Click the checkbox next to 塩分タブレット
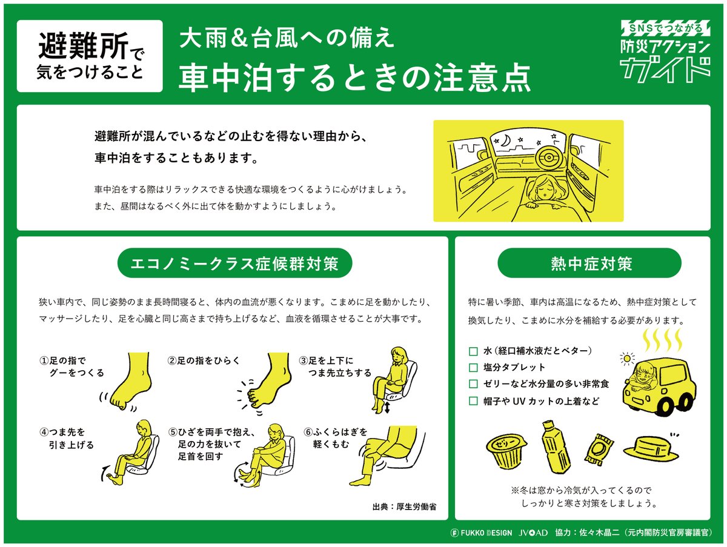coord(473,368)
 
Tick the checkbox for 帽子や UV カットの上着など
coord(473,401)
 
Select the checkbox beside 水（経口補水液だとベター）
coord(473,351)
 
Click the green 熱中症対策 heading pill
coord(589,264)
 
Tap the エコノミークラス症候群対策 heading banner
coord(235,264)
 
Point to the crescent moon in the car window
coord(505,141)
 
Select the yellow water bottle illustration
coord(556,446)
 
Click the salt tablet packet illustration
coord(599,449)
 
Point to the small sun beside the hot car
coord(627,359)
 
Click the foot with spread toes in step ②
coord(265,382)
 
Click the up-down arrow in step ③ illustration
coord(387,407)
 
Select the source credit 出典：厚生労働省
coord(405,506)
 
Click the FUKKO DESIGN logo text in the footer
coord(481,532)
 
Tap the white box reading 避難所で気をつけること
coord(90,56)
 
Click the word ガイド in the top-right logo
coord(665,70)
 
